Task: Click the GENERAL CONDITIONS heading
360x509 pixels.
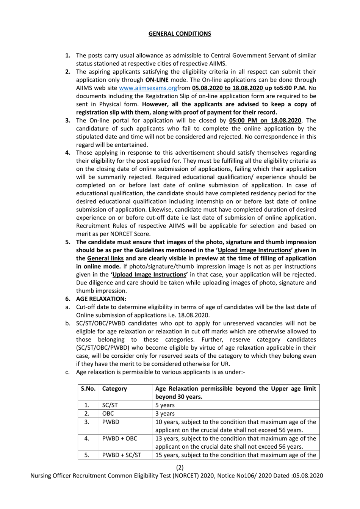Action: click(180, 34)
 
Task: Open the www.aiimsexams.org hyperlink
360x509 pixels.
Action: click(148, 88)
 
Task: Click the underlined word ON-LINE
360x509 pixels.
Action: click(157, 80)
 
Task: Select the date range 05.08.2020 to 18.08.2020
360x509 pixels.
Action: click(228, 88)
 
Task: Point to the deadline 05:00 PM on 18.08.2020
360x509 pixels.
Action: click(265, 121)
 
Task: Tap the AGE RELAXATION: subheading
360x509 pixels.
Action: click(101, 299)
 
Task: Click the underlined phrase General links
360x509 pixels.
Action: click(105, 258)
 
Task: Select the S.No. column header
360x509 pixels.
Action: click(88, 389)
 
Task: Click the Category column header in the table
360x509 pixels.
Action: click(114, 389)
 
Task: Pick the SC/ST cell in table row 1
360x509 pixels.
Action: click(110, 405)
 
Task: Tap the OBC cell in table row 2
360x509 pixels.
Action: click(108, 413)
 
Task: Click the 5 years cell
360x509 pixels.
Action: click(165, 405)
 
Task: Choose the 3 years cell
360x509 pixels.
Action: click(165, 413)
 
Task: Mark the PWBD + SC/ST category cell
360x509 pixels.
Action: click(121, 455)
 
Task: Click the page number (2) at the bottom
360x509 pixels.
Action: click(180, 468)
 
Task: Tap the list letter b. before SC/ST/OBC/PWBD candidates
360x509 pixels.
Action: click(68, 324)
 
